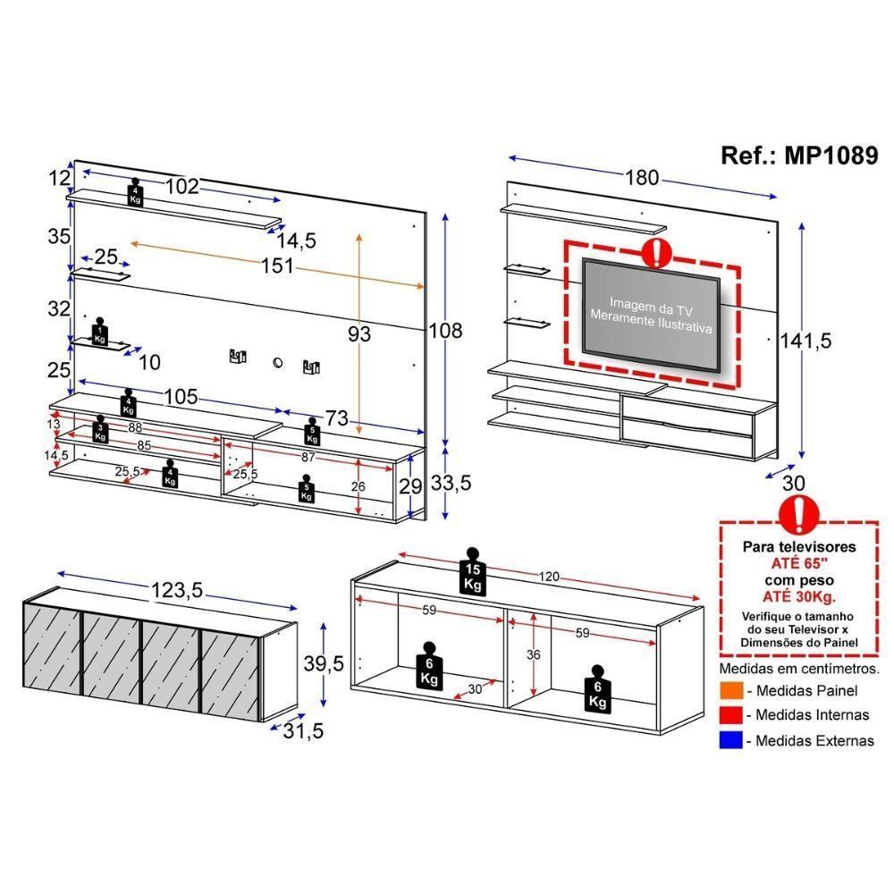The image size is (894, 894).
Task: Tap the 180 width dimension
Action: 641,178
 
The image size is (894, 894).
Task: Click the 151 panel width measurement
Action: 276,266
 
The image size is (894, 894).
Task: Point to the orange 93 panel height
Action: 358,334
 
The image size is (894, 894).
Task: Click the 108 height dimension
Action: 444,330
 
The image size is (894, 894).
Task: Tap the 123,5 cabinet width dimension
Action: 178,590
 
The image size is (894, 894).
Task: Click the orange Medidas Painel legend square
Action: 730,691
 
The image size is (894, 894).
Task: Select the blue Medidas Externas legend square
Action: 730,741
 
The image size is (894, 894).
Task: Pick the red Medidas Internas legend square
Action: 730,715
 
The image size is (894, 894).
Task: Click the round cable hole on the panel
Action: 276,363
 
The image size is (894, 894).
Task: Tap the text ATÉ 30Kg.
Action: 799,597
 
